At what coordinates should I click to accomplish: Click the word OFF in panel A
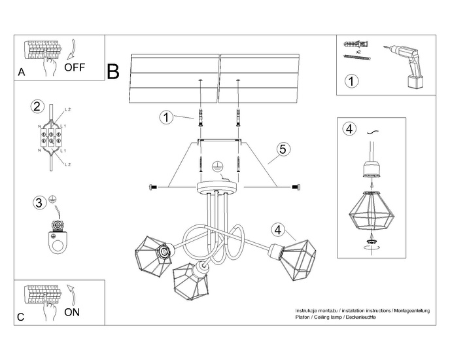(x=75, y=67)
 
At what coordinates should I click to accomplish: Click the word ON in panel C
(x=72, y=312)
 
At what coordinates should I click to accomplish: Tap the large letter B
(x=113, y=71)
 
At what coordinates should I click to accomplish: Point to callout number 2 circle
(x=37, y=106)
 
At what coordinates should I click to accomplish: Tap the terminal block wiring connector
(x=50, y=138)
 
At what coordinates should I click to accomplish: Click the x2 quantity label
(x=358, y=50)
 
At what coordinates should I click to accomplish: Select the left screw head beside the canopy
(x=154, y=187)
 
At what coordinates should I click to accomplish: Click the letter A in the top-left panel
(x=22, y=73)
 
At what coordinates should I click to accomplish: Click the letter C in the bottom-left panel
(x=22, y=317)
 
